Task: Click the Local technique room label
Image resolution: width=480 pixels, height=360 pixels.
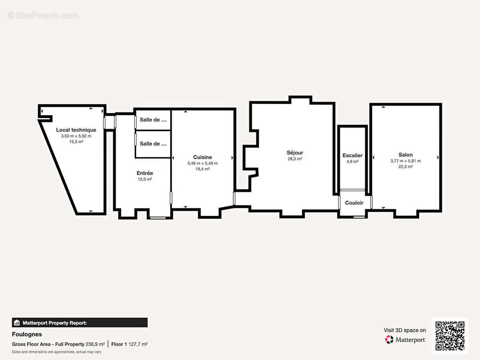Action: (76, 130)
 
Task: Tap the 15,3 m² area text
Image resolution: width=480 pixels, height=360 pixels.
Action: (76, 142)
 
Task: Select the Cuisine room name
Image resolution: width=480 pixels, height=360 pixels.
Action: (202, 157)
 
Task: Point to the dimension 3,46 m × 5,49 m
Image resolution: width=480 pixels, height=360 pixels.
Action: (202, 163)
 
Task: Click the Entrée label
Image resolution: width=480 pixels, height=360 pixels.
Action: (145, 173)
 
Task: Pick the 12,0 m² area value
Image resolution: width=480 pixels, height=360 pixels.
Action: (145, 179)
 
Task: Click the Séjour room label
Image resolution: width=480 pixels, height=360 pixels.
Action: (295, 153)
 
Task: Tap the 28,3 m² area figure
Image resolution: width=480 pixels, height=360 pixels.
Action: (295, 159)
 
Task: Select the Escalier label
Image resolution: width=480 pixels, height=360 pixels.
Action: (353, 155)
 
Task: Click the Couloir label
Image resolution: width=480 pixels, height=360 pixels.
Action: (354, 203)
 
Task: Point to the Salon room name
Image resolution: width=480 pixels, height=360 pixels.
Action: (406, 155)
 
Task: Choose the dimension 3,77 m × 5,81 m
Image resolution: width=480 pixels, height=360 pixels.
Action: (406, 161)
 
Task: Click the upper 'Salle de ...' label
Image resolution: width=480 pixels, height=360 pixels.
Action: (153, 120)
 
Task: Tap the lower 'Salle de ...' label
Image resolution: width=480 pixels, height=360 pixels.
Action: (153, 144)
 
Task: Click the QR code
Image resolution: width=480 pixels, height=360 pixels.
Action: (450, 336)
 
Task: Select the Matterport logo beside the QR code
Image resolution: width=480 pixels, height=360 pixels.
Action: (405, 339)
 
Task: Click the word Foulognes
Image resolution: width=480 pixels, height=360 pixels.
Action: (27, 334)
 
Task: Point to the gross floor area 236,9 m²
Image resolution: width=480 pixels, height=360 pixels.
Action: (95, 344)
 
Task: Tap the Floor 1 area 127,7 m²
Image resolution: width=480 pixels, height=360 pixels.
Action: (138, 344)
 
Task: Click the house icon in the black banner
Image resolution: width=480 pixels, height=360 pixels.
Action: (17, 323)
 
